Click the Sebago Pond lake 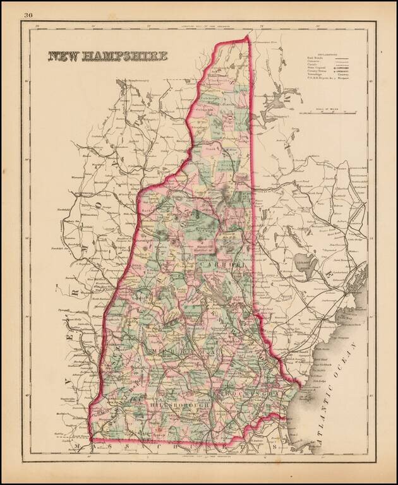click(x=304, y=264)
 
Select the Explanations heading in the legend click(x=329, y=55)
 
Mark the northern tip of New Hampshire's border click(x=248, y=37)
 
